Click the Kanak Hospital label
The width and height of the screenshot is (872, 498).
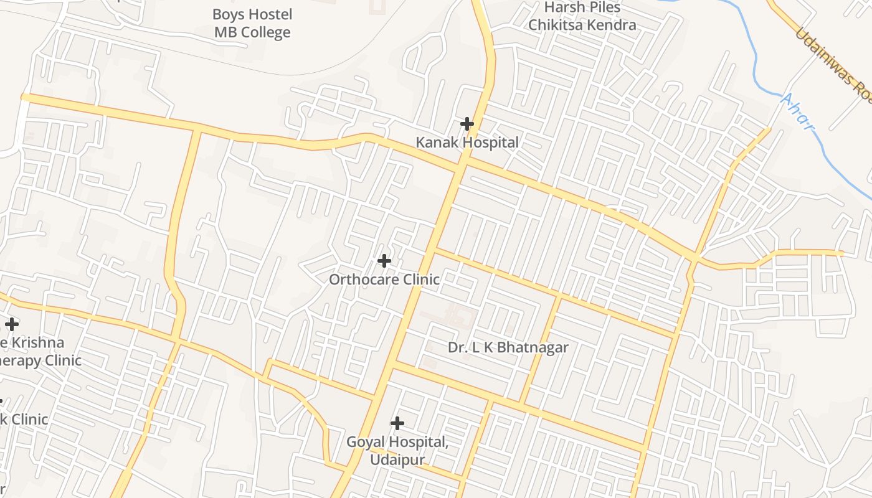pos(467,143)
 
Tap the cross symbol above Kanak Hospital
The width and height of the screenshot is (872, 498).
pos(467,124)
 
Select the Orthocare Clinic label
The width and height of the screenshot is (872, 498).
pos(384,280)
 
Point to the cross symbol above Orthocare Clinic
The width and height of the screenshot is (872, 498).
pos(384,261)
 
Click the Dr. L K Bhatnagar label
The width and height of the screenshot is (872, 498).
pos(508,347)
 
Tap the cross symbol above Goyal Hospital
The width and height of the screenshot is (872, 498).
pos(397,423)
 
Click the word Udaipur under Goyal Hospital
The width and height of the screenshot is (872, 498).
pos(397,460)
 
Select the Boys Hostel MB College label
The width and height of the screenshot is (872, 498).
pos(252,23)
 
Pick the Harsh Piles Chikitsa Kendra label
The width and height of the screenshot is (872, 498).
pos(582,16)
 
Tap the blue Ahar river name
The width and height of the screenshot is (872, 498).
pos(798,112)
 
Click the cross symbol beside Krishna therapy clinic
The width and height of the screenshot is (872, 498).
pos(11,324)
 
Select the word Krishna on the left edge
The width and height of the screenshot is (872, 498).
pos(38,342)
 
